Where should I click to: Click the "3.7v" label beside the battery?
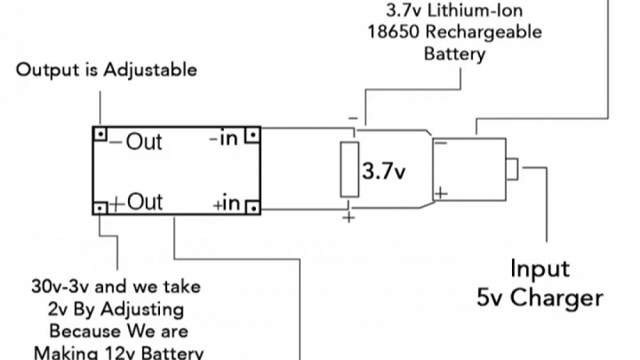(x=384, y=171)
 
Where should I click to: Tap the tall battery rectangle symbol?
(x=349, y=169)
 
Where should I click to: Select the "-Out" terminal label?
(x=137, y=142)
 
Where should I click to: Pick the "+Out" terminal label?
(x=137, y=202)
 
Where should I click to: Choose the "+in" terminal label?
(x=226, y=205)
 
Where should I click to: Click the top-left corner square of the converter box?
(x=101, y=133)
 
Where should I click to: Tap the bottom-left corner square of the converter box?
(x=101, y=208)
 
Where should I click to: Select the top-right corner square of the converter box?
(x=252, y=134)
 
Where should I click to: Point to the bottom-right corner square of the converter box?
(x=253, y=208)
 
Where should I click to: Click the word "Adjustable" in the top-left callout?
(x=150, y=70)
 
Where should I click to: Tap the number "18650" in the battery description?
(x=390, y=32)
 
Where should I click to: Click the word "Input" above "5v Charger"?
(x=540, y=269)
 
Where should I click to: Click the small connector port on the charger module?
(x=512, y=169)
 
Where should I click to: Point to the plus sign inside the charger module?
(x=441, y=192)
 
